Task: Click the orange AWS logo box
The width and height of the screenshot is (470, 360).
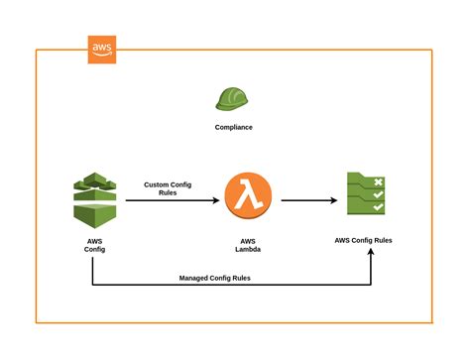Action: click(101, 50)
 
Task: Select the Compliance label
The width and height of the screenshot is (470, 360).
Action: click(233, 127)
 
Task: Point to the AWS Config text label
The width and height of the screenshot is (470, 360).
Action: click(93, 244)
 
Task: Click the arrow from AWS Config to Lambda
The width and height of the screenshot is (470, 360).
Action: click(169, 200)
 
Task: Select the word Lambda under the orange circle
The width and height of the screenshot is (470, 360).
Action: click(248, 249)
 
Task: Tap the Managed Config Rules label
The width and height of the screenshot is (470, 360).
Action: click(214, 279)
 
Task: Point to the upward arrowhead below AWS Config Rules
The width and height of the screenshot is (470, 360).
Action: click(371, 253)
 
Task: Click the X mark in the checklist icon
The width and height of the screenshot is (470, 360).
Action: click(378, 182)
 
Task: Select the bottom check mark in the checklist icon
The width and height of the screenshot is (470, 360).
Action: click(378, 209)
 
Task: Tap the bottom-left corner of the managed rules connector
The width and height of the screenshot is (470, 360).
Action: click(93, 287)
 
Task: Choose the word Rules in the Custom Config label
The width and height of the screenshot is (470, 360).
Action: click(169, 193)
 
